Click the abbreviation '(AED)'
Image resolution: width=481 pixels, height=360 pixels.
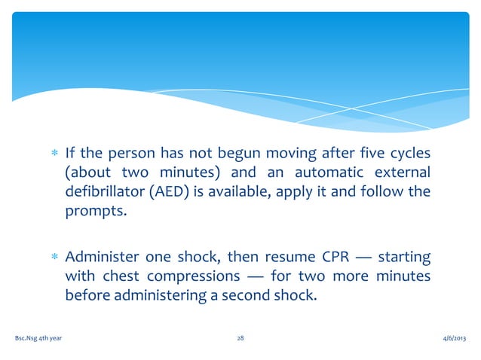[172, 191]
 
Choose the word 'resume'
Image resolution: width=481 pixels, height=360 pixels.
[283, 258]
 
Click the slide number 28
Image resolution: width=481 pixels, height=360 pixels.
[240, 340]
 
